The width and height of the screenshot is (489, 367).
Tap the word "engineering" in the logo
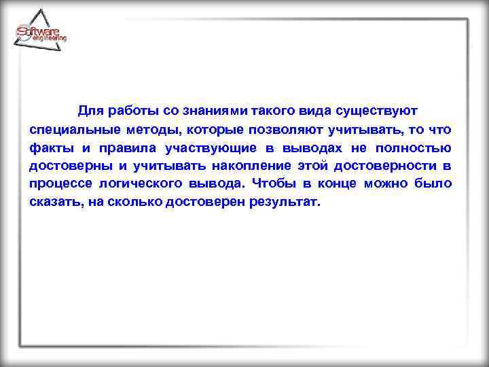tap(50, 39)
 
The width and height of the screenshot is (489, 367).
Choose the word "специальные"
tap(73, 129)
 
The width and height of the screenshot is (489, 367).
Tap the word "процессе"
tap(60, 184)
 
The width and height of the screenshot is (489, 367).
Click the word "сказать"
tap(55, 203)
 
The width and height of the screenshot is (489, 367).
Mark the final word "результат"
tap(280, 203)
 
